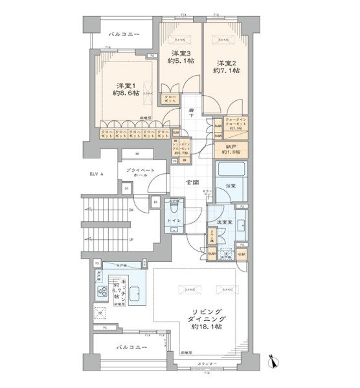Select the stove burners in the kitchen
pos(103,292)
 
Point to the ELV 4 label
pos(97,174)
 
